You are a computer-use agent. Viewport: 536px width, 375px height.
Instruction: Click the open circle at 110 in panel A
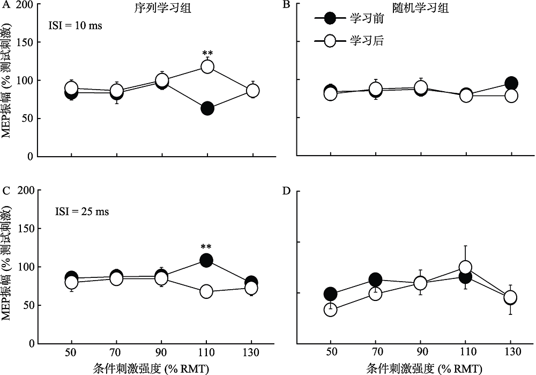(207, 67)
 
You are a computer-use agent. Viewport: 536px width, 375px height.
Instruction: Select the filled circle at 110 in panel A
(207, 109)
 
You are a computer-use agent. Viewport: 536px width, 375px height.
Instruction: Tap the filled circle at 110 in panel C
(206, 261)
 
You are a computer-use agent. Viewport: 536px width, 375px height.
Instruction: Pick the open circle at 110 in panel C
(206, 292)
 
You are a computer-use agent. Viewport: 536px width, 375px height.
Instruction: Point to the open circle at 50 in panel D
(330, 310)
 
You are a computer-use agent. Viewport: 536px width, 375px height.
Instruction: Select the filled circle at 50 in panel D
(330, 294)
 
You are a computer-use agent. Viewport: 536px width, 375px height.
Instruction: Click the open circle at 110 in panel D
(465, 267)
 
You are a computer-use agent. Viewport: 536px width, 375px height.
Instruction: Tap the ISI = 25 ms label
(82, 211)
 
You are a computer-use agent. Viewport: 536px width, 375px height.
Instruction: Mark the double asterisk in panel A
(207, 53)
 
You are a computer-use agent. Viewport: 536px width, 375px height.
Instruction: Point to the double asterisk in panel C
(206, 247)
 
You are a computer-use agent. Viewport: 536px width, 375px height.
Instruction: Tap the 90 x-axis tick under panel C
(161, 353)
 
